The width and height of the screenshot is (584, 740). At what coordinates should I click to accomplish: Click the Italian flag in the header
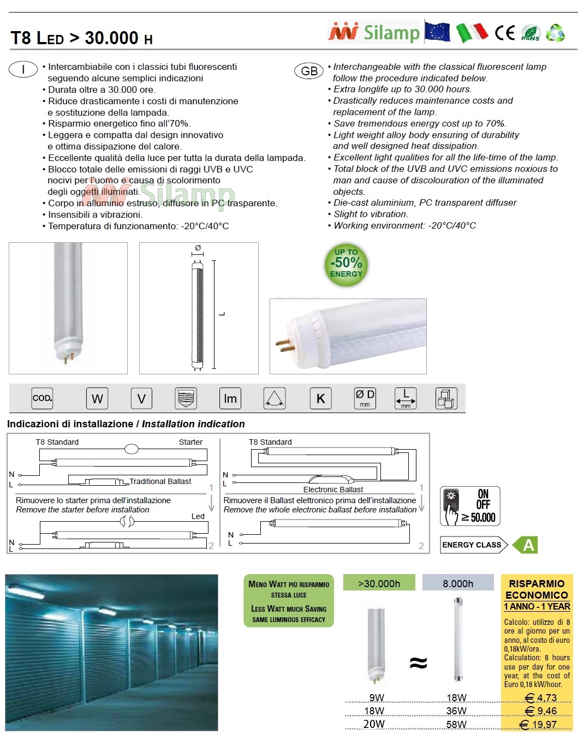[472, 33]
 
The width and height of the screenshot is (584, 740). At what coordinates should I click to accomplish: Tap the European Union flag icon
[438, 32]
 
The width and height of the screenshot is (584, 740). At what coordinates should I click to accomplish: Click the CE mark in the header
[505, 33]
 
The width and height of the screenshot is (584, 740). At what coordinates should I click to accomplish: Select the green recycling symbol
[555, 33]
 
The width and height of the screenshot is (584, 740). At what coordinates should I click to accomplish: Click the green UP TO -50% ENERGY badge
[346, 264]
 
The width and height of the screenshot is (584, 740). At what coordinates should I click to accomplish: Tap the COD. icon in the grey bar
[42, 398]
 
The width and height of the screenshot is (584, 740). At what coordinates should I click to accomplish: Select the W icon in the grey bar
[97, 398]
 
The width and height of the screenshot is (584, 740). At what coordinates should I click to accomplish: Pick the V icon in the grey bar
[141, 398]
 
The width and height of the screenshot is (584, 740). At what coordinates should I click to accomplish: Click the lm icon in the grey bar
[230, 398]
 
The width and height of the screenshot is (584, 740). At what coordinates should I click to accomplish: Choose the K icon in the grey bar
[320, 398]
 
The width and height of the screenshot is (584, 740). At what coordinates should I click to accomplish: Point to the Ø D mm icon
[365, 398]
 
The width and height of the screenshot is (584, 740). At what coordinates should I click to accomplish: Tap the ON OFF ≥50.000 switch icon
[470, 506]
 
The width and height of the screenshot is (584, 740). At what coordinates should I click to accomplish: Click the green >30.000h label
[379, 583]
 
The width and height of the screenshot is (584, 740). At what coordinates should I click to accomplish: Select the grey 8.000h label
[458, 583]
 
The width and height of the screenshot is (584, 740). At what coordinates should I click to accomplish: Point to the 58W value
[456, 724]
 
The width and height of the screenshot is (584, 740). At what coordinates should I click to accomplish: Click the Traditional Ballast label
[160, 481]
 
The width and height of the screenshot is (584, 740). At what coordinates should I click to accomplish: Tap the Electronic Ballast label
[333, 490]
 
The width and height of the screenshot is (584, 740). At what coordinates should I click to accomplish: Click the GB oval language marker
[309, 71]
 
